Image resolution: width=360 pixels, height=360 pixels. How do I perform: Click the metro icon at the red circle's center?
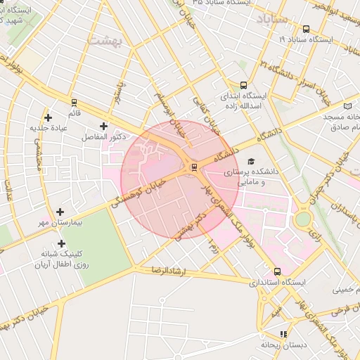[194, 167]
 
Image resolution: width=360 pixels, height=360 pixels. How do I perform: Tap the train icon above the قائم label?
[74, 102]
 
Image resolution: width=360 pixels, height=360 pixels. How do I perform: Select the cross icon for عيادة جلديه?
[48, 117]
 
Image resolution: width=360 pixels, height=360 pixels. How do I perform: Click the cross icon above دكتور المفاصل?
[104, 125]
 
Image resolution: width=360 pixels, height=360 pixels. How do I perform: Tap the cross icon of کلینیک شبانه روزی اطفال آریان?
[61, 243]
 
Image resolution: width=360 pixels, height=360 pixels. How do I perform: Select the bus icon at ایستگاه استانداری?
[277, 271]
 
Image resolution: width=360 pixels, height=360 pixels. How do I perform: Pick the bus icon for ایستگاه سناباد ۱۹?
[306, 30]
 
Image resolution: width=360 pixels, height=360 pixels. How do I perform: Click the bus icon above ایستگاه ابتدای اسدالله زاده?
[244, 85]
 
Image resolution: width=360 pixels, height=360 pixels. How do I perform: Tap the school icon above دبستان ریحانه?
[283, 334]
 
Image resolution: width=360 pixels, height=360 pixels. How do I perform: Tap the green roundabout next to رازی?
[302, 219]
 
